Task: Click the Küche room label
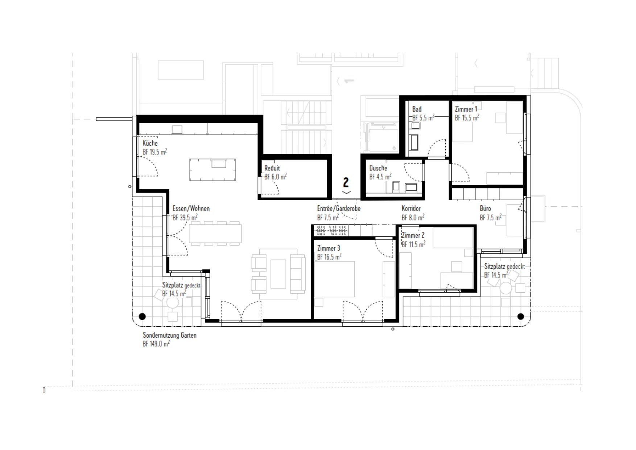(x=150, y=143)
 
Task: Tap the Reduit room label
(x=272, y=168)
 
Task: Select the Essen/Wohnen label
(x=191, y=209)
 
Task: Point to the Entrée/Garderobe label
(x=339, y=209)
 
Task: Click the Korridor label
(x=411, y=209)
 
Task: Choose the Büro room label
(x=485, y=209)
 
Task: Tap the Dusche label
(x=378, y=168)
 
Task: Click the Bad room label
(x=417, y=109)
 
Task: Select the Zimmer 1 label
(x=466, y=109)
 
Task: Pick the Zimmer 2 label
(x=413, y=235)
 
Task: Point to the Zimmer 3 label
(x=329, y=248)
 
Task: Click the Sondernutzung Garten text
(x=170, y=335)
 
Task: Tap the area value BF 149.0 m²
(x=156, y=344)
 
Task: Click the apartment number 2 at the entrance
(x=346, y=182)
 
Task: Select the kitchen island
(x=212, y=170)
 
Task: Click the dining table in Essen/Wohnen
(x=215, y=233)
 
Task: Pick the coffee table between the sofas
(x=278, y=274)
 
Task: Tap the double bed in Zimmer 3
(x=334, y=279)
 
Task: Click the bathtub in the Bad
(x=414, y=143)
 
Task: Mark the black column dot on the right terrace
(x=521, y=317)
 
